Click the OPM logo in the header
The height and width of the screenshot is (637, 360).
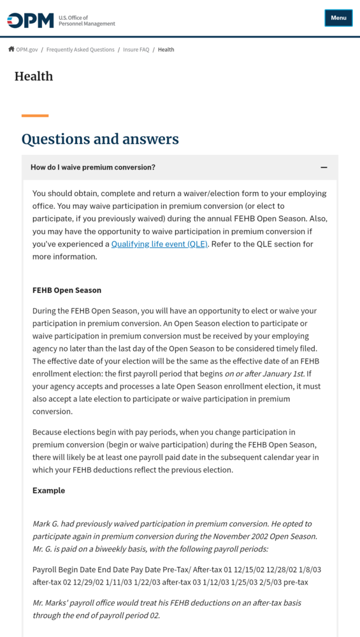[31, 20]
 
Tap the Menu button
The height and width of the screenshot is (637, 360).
[338, 18]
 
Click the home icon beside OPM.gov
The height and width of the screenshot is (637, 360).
[11, 49]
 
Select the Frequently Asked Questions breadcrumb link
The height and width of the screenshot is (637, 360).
[80, 50]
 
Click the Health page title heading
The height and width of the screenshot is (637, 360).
[34, 76]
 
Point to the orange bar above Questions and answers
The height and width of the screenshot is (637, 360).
[35, 115]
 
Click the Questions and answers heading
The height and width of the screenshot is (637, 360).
[100, 139]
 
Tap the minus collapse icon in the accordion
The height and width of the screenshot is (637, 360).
[324, 168]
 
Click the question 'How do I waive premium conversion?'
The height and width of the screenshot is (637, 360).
[93, 168]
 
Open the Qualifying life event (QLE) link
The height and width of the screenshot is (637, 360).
[159, 244]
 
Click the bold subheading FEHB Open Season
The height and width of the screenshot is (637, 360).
[67, 290]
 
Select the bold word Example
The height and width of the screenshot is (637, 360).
[49, 490]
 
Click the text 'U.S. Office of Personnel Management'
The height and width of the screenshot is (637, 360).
[87, 21]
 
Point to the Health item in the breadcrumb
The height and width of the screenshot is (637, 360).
[166, 50]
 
